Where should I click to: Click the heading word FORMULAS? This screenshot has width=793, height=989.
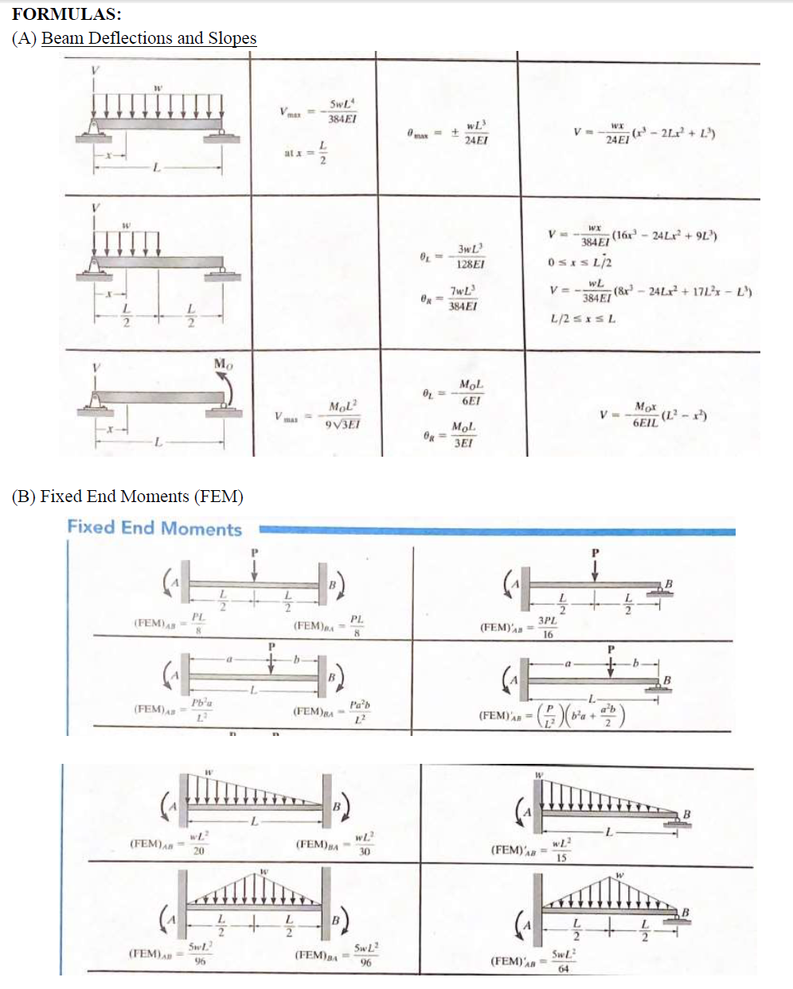click(66, 14)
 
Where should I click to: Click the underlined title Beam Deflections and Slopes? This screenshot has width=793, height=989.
click(149, 38)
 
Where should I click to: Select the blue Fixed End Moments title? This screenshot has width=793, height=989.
click(154, 528)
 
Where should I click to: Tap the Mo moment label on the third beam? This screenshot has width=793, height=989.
click(224, 364)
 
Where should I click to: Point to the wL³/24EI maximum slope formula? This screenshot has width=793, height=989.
click(475, 133)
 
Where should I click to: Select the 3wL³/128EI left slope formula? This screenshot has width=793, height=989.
click(470, 256)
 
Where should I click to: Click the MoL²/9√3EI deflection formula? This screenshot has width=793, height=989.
click(342, 415)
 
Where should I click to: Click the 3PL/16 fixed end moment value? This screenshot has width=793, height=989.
click(547, 627)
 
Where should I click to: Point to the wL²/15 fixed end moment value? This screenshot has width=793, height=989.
click(561, 850)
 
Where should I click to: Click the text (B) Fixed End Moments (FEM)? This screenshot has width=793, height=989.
click(127, 496)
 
